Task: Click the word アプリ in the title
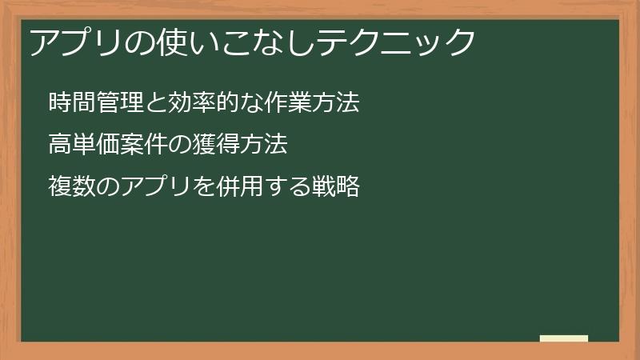[73, 42]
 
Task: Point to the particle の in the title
[134, 42]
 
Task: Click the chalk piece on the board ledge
[564, 338]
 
